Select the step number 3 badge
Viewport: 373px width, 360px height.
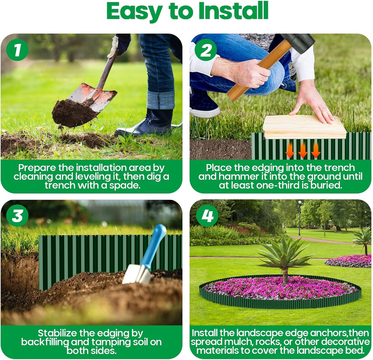pyautogui.click(x=17, y=216)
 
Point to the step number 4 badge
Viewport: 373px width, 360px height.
pyautogui.click(x=207, y=216)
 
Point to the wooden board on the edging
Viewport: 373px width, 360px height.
pyautogui.click(x=304, y=127)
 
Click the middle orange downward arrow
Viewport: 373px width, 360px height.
pyautogui.click(x=303, y=150)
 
